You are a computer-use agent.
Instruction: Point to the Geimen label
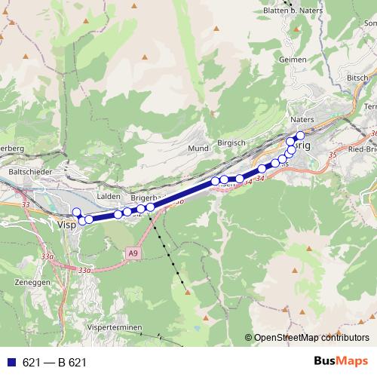click(x=292, y=59)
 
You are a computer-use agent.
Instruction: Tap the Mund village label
click(x=198, y=149)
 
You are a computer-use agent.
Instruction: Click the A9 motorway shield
click(x=133, y=253)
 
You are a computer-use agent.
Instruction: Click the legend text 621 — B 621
click(x=54, y=363)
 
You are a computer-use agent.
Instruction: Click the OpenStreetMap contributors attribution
click(x=311, y=337)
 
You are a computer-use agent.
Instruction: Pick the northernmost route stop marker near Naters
click(x=300, y=135)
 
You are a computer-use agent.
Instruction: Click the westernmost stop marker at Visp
click(x=76, y=212)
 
